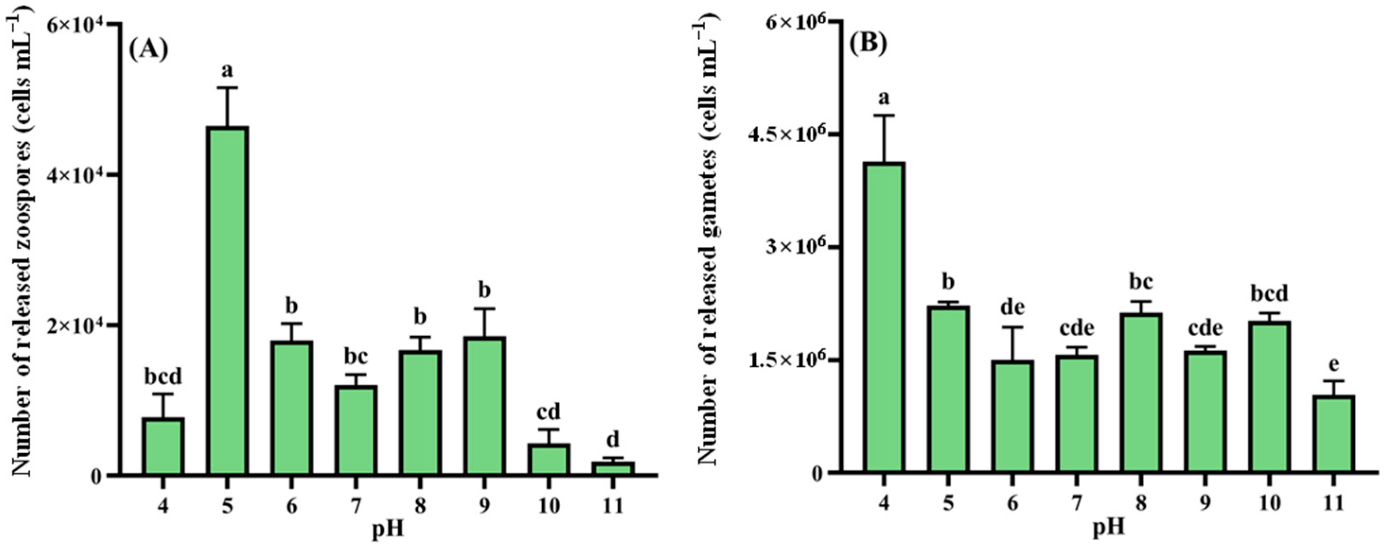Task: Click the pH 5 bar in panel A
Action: tap(227, 301)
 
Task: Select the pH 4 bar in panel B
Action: tap(885, 317)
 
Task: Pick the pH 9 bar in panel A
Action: tap(484, 406)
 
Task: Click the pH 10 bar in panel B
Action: tap(1270, 398)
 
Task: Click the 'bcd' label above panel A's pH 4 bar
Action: tap(163, 377)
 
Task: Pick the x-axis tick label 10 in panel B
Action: tap(1270, 503)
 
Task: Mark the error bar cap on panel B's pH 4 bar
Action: tap(885, 115)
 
